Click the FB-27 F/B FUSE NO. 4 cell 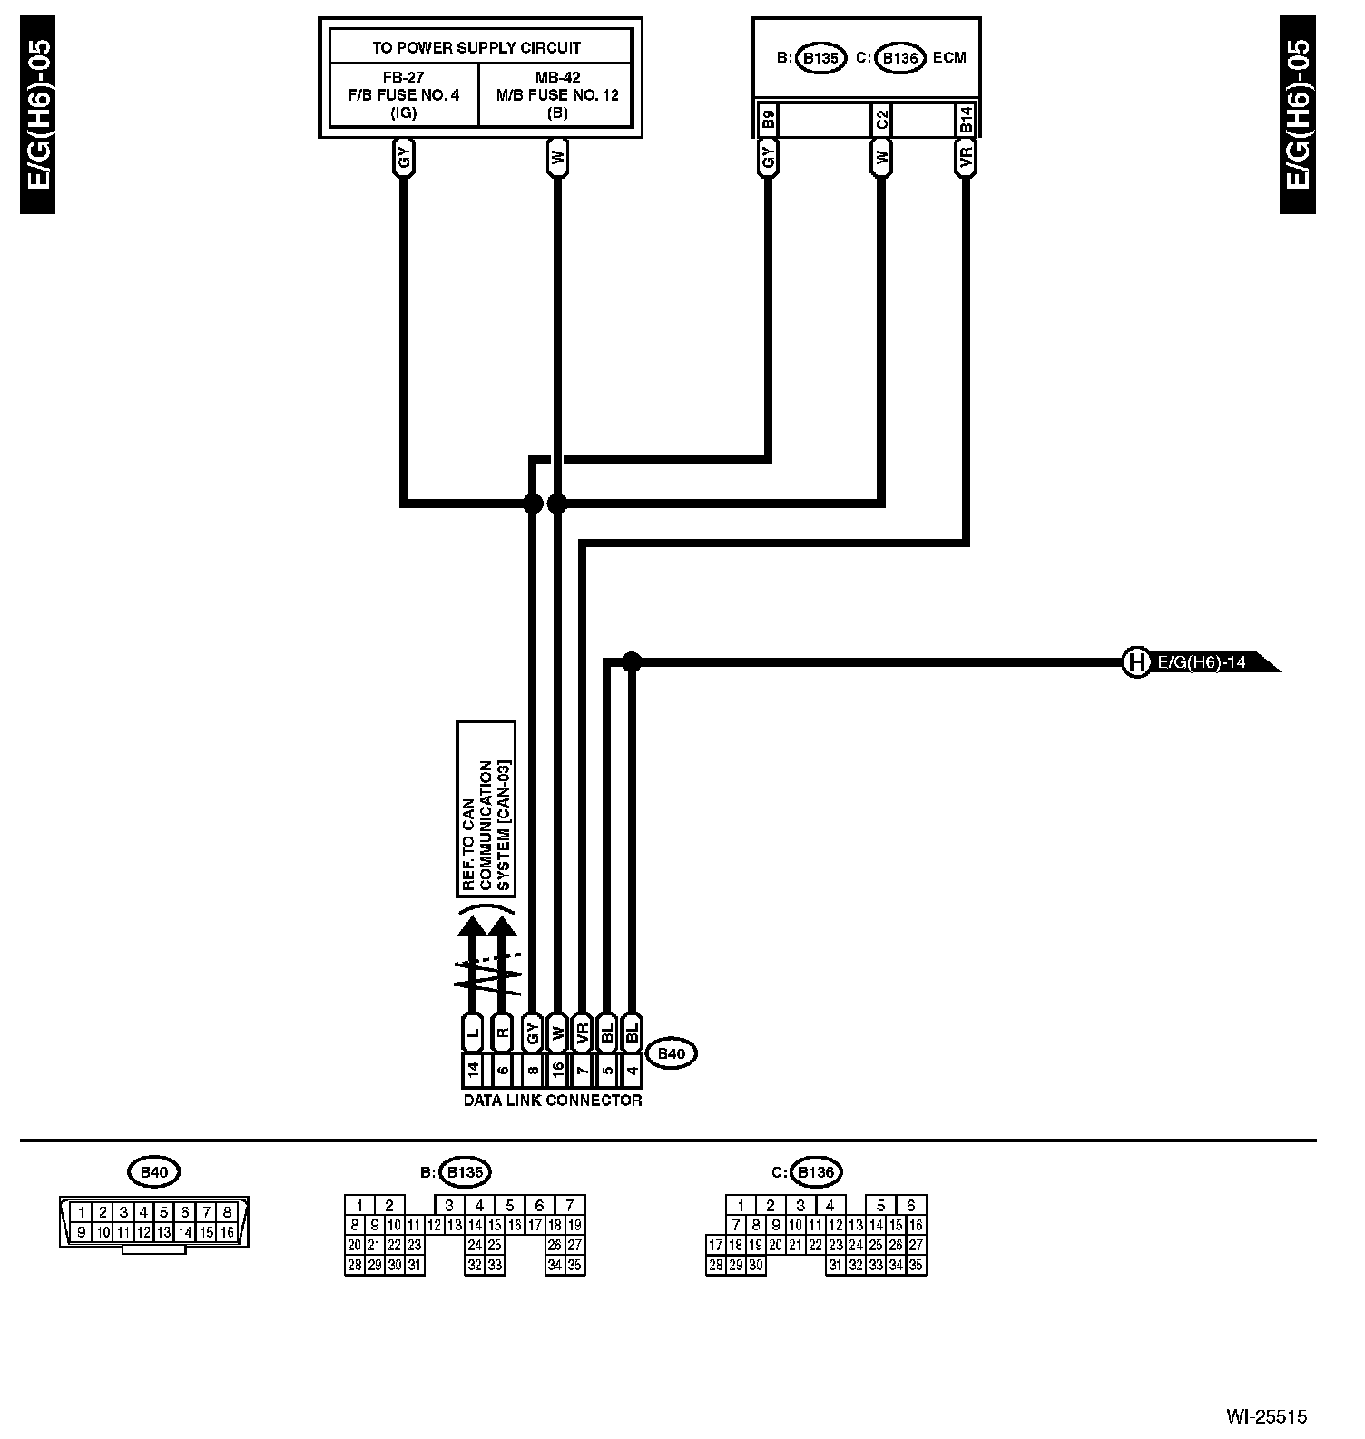click(x=403, y=94)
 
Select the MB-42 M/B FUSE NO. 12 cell click(x=557, y=94)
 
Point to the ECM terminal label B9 click(x=768, y=120)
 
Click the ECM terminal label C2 click(x=881, y=120)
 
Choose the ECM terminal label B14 click(x=966, y=120)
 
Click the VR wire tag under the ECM click(x=966, y=159)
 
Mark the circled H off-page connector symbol click(x=1135, y=662)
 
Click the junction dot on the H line click(x=632, y=662)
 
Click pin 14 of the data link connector click(x=473, y=1071)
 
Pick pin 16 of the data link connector click(x=558, y=1071)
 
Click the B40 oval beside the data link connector click(x=671, y=1053)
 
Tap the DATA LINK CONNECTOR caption click(x=553, y=1101)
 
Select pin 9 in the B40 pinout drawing click(x=82, y=1232)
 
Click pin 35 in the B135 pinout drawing click(x=574, y=1265)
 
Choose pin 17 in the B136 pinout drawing click(x=715, y=1246)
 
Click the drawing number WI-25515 click(x=1267, y=1416)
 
